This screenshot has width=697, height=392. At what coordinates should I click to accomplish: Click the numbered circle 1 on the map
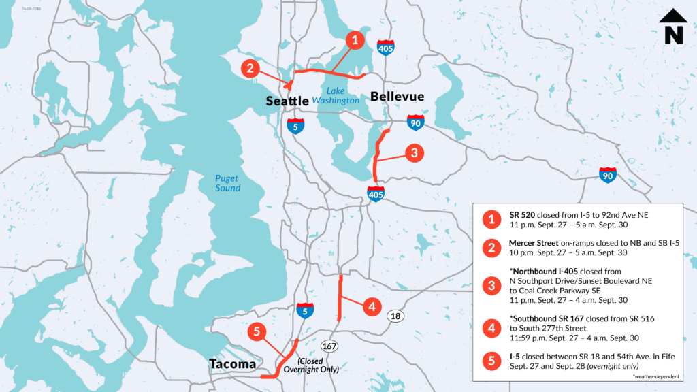click(x=354, y=39)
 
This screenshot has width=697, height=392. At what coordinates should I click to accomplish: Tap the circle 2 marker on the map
click(x=250, y=68)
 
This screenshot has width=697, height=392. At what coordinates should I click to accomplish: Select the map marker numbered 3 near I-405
click(x=414, y=153)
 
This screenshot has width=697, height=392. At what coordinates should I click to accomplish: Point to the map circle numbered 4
click(x=371, y=307)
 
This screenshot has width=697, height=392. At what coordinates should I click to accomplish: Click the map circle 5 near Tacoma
click(x=257, y=332)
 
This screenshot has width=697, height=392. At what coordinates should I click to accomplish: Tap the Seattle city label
click(x=287, y=100)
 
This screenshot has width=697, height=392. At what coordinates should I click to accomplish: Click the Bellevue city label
click(x=397, y=97)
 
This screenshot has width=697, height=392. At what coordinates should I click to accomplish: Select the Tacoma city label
click(x=233, y=364)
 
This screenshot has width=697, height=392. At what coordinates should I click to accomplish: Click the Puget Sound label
click(x=227, y=183)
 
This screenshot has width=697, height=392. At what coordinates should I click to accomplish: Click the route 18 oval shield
click(x=396, y=316)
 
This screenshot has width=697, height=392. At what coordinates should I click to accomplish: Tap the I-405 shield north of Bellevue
click(x=385, y=48)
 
